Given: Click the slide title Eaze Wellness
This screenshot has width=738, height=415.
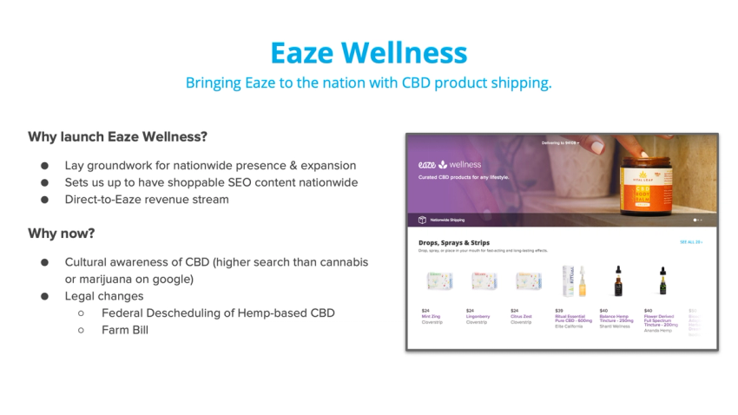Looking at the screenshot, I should click(368, 52).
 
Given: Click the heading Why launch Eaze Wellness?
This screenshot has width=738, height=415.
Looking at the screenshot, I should click(117, 136).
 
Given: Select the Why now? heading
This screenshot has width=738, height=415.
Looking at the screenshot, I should click(62, 234).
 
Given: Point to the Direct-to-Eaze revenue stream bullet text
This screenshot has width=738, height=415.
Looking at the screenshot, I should click(147, 199).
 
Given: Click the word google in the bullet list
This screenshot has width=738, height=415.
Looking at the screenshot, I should click(172, 279).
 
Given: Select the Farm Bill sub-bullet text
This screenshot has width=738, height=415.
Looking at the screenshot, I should click(125, 330).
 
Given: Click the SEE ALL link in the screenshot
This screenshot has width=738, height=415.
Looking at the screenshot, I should click(691, 242).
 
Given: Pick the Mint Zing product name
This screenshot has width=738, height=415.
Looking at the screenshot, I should click(432, 316).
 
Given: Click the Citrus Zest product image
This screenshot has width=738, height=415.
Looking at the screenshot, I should click(527, 281).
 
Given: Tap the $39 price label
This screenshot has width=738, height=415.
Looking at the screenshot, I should click(558, 310).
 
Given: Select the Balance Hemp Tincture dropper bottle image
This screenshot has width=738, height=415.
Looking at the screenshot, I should click(617, 281).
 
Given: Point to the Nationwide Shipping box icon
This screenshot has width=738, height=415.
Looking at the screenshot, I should click(422, 220).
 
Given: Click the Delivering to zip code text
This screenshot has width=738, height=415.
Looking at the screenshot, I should click(560, 142).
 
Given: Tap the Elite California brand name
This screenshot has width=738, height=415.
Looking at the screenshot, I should click(570, 326).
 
